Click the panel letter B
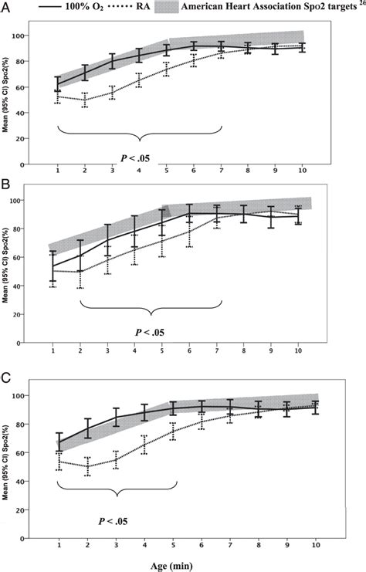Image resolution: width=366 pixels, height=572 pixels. pyautogui.click(x=7, y=186)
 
